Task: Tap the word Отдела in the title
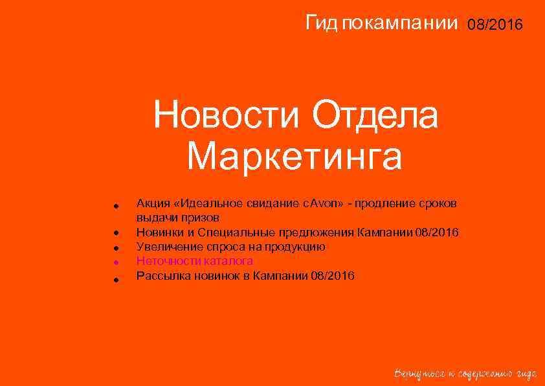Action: [x=375, y=117]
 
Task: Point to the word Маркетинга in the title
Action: [x=295, y=156]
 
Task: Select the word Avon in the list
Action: [x=321, y=203]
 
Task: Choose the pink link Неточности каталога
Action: [x=194, y=261]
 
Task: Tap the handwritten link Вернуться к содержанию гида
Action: [x=465, y=374]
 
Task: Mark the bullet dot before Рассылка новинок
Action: [x=114, y=279]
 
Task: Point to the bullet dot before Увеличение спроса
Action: [x=114, y=248]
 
